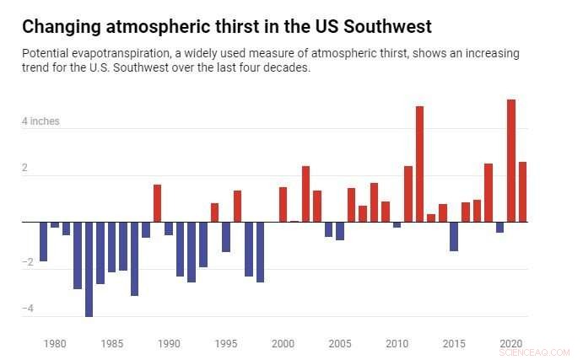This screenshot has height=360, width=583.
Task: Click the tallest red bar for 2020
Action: (x=511, y=160)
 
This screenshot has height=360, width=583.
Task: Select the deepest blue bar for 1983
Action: (x=89, y=269)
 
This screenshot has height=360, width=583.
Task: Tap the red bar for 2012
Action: (x=419, y=164)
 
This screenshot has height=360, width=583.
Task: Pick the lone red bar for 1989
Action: (x=157, y=203)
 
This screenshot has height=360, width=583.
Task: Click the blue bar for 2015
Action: (x=454, y=236)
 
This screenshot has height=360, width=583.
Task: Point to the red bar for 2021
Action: (x=522, y=191)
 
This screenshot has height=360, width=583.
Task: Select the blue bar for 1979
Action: (x=43, y=241)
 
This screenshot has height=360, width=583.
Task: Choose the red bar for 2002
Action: (x=305, y=194)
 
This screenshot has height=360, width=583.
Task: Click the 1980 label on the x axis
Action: (x=55, y=344)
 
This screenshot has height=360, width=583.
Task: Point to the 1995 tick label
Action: (x=226, y=344)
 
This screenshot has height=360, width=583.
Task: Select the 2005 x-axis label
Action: (x=340, y=344)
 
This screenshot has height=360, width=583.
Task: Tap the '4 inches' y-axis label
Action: (x=40, y=121)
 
